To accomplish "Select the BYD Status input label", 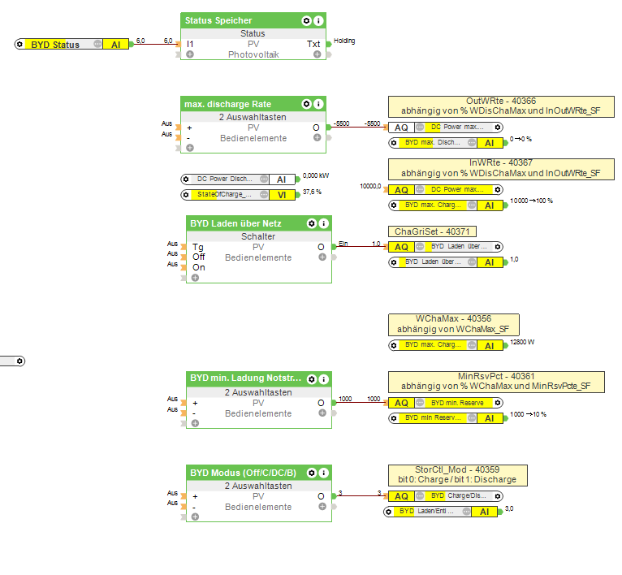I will click(55, 45).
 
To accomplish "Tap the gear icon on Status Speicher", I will click(306, 20).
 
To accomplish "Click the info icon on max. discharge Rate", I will click(318, 104).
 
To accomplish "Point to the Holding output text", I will click(344, 41).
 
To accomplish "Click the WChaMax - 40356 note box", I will click(453, 324).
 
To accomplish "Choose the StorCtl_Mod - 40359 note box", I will click(458, 474).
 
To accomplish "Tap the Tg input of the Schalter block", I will click(197, 247).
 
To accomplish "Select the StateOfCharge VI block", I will click(238, 195).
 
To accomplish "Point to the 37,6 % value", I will click(313, 192).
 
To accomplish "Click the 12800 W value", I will click(521, 343).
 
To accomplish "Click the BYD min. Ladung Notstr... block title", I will click(245, 378).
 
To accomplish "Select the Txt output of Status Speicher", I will click(313, 44).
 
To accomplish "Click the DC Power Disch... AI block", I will click(238, 179).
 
